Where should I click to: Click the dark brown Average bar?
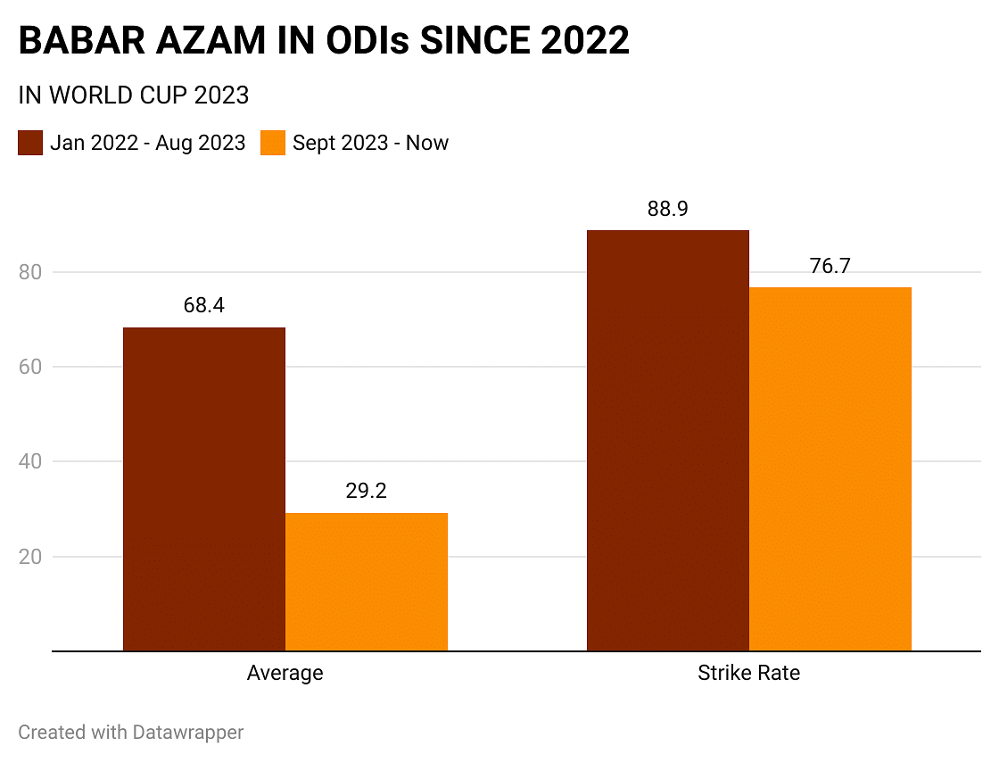(x=204, y=489)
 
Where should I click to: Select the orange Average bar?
(x=366, y=582)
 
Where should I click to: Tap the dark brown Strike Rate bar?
(x=667, y=441)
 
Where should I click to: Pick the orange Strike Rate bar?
(x=830, y=469)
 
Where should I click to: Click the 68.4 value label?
(x=204, y=305)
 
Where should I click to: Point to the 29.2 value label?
(x=366, y=491)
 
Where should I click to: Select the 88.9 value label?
(x=667, y=209)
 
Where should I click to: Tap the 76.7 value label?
(x=830, y=266)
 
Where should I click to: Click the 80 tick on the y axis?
(x=31, y=272)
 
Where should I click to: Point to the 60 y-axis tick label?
(x=31, y=367)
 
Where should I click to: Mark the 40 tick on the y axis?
(x=31, y=461)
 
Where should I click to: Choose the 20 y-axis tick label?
(x=31, y=557)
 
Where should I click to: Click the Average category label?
(x=285, y=673)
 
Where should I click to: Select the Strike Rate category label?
(x=748, y=673)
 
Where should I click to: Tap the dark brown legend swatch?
(x=30, y=143)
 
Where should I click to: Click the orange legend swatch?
(x=273, y=143)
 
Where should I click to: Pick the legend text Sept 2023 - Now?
(x=370, y=143)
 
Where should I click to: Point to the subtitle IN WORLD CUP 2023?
(x=133, y=95)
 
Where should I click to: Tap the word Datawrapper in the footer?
(x=187, y=733)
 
